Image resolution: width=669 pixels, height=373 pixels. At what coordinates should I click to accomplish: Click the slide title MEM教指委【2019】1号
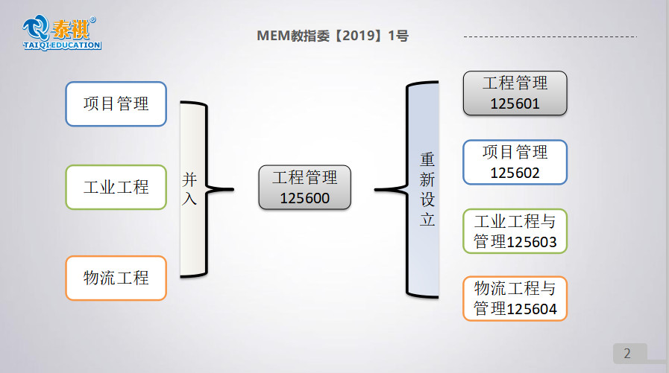tap(333, 36)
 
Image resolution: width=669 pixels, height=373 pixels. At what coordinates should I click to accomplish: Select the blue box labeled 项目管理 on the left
tap(116, 103)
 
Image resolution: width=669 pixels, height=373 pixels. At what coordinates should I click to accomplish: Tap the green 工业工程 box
tap(116, 187)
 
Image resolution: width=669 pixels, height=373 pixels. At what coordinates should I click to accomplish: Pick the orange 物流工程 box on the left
tap(116, 278)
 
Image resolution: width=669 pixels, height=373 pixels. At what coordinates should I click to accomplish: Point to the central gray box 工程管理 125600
tap(304, 187)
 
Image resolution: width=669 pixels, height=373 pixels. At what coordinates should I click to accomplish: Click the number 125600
tap(304, 198)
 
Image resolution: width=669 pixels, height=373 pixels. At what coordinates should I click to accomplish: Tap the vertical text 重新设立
tap(427, 190)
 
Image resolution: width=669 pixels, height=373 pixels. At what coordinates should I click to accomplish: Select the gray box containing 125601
tap(515, 93)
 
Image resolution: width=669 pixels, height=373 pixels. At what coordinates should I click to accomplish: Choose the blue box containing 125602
tap(515, 162)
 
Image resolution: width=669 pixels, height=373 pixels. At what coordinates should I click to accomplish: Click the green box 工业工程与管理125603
tap(515, 231)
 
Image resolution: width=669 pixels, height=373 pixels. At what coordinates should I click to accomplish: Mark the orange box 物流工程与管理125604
tap(515, 299)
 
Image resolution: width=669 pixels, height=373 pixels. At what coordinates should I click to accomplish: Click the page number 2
tap(627, 353)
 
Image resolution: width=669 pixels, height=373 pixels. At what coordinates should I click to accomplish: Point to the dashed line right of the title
tap(550, 36)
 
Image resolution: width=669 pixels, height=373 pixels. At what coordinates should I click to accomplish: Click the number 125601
tap(515, 104)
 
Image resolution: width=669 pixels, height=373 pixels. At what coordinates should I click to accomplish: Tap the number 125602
tap(515, 173)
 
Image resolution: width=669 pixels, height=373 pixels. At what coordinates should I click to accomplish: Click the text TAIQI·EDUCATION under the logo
tap(61, 45)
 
